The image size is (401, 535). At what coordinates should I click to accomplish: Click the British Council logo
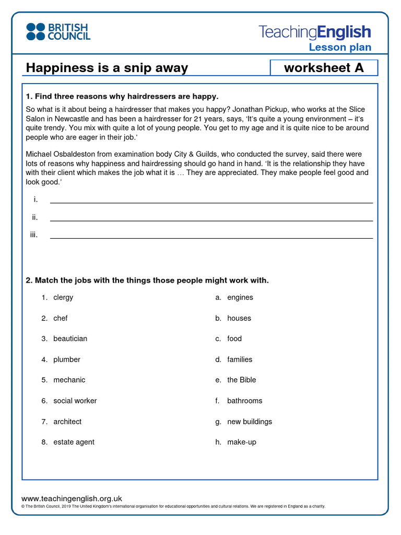point(58,32)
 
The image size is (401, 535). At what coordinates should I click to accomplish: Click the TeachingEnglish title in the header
point(315,32)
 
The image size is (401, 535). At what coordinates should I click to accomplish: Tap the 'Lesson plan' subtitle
point(340,48)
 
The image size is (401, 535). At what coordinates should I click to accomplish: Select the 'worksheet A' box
point(324,68)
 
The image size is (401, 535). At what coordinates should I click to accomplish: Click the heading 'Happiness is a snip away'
point(107,68)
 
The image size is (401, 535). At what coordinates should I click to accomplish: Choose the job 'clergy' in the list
point(63,297)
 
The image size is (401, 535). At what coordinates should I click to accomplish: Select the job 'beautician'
point(70,339)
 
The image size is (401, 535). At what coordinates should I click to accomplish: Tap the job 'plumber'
point(67,359)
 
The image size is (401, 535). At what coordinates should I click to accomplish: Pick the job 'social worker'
point(75,401)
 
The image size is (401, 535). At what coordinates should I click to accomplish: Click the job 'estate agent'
point(74,442)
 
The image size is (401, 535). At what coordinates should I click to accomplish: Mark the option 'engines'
point(240,297)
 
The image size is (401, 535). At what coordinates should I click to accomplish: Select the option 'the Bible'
point(242,380)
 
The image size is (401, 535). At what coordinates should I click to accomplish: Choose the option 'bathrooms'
point(245,401)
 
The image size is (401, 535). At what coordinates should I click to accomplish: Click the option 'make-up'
point(242,442)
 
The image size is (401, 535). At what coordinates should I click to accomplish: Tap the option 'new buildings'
point(250,422)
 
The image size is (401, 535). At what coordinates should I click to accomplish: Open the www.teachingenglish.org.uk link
point(72,498)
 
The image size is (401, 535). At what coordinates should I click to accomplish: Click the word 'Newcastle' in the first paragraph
point(72,119)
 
